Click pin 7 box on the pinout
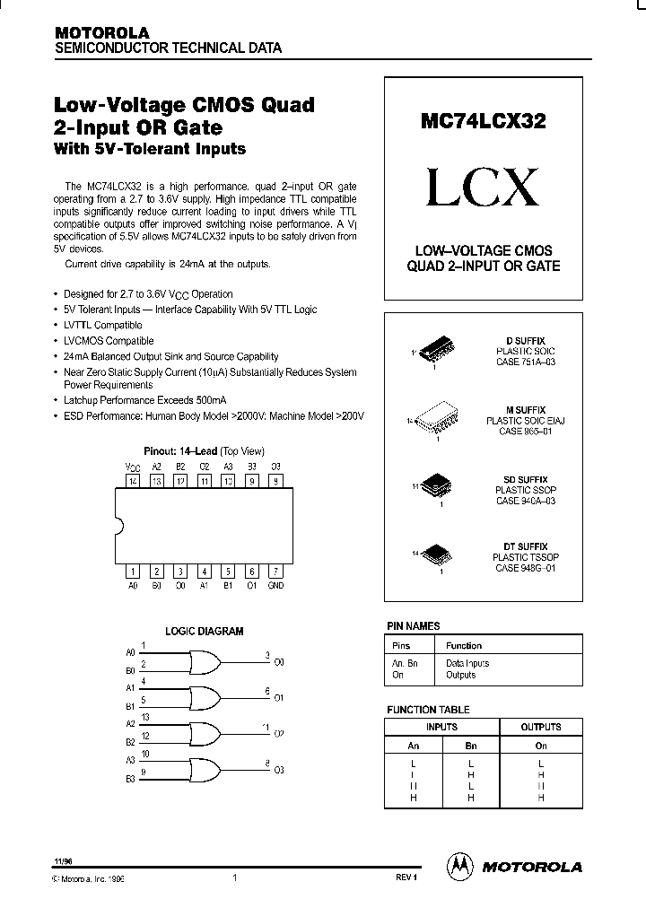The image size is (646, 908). pyautogui.click(x=275, y=572)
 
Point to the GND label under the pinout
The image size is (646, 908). pyautogui.click(x=275, y=585)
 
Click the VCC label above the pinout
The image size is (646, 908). pyautogui.click(x=132, y=467)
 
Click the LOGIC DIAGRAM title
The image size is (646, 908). pyautogui.click(x=205, y=632)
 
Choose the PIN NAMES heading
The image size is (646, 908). pyautogui.click(x=413, y=626)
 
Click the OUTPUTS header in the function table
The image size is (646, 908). pyautogui.click(x=541, y=727)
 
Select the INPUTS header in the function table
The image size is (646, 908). pyautogui.click(x=441, y=727)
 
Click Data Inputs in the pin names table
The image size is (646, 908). pyautogui.click(x=467, y=663)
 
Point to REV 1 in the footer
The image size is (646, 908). pyautogui.click(x=406, y=879)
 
